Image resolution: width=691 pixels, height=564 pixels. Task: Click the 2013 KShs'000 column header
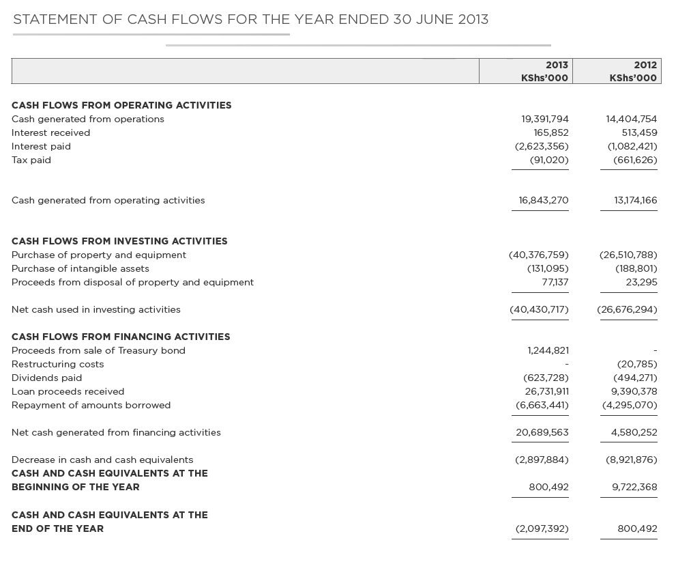pos(544,71)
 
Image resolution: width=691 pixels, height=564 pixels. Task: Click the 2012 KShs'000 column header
pos(633,71)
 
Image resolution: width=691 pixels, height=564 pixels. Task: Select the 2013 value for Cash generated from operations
pos(545,119)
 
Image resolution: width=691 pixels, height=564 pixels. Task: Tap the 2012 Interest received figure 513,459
pos(639,132)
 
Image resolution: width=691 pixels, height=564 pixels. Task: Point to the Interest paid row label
pos(41,146)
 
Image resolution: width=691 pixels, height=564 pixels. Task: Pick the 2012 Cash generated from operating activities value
pos(636,200)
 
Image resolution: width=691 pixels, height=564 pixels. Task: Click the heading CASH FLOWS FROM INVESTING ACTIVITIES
pos(119,241)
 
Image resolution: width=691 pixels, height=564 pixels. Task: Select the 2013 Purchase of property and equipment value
pos(539,255)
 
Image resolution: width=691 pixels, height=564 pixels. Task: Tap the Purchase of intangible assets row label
pos(80,268)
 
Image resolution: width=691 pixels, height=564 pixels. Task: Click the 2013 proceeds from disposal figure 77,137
pos(555,282)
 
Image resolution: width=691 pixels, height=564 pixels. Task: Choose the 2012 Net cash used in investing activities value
pos(628,309)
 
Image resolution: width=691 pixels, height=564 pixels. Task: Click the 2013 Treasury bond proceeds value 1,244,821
pos(548,350)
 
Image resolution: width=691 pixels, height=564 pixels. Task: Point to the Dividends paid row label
pos(46,378)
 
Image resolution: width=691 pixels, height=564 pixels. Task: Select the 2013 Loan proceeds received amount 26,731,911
pos(546,391)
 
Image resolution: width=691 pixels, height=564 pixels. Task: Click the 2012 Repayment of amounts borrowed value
pos(630,405)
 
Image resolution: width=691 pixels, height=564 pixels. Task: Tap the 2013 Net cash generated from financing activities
pos(542,432)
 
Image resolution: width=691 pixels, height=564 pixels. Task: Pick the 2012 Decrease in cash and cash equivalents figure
pos(632,460)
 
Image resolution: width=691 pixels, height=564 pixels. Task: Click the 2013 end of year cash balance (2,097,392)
pos(542,528)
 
